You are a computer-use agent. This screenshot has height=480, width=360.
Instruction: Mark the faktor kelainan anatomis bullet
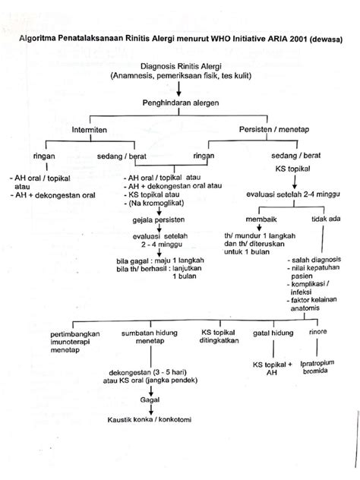point(314,306)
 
